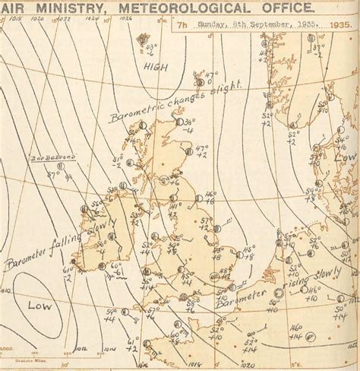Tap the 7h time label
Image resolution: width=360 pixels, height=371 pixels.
point(182,24)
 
